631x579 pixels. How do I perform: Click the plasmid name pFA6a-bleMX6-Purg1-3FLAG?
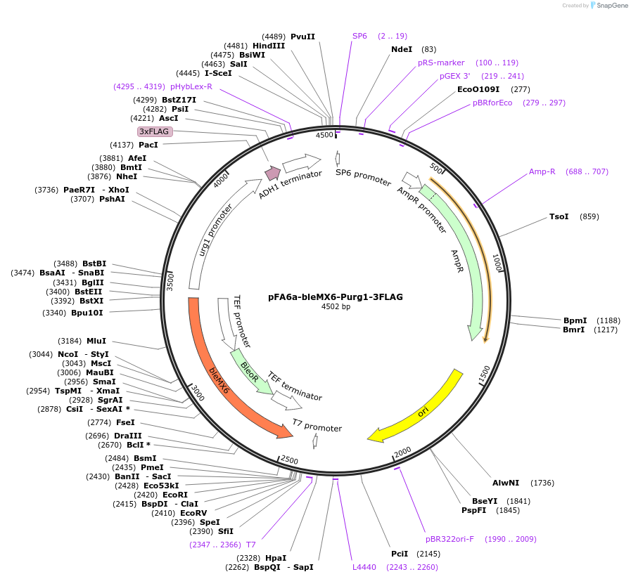(x=336, y=297)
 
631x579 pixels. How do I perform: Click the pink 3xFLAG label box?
(x=155, y=131)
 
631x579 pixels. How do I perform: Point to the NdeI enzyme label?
(x=402, y=49)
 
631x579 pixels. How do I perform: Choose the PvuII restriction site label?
(x=302, y=37)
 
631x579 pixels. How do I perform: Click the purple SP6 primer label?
(x=359, y=36)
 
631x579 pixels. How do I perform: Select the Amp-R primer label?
(x=542, y=171)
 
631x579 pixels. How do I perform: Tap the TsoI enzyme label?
(x=559, y=216)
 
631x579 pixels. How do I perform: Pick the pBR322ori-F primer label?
(x=450, y=539)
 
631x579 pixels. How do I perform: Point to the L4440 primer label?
(x=364, y=567)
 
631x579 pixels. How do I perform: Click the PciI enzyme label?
(x=400, y=554)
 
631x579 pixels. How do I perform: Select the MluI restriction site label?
(x=96, y=341)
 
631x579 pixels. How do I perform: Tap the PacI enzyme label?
(x=148, y=145)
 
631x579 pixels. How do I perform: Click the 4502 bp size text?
(x=336, y=307)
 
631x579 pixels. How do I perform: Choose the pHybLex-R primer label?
(x=191, y=86)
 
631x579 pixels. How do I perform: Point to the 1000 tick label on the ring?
(x=497, y=264)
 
